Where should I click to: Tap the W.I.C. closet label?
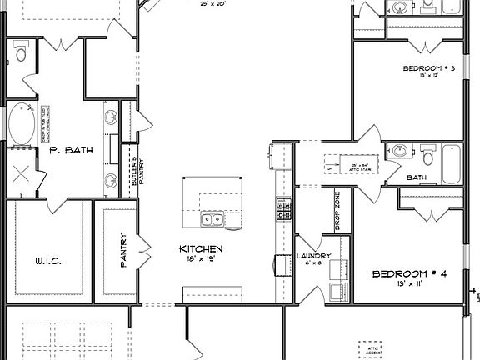coord(49,260)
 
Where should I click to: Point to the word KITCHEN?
coord(202,248)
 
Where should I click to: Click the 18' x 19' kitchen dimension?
coord(202,259)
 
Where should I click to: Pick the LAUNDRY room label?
coord(314,256)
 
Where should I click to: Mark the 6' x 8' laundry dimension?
coord(314,264)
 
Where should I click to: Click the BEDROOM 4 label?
coord(411,273)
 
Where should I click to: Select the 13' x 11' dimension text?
coord(411,285)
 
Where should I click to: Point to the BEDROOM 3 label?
coord(428,67)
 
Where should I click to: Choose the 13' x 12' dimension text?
coord(428,77)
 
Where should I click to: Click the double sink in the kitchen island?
coord(212,220)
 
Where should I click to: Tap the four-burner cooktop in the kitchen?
coord(282,210)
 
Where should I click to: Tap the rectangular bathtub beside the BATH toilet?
coord(451,164)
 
